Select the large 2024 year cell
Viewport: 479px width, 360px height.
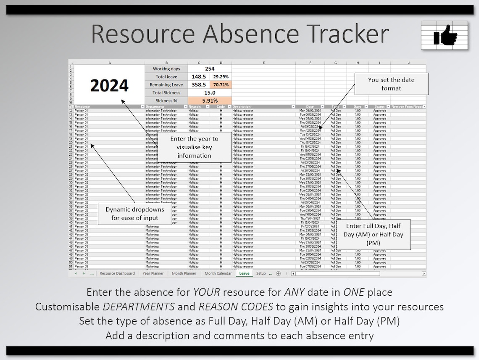(x=109, y=85)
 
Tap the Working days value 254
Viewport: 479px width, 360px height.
(x=210, y=69)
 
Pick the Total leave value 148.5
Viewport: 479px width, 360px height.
(x=199, y=77)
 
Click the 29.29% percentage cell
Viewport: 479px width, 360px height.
(x=221, y=77)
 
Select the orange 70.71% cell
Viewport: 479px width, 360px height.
(x=221, y=85)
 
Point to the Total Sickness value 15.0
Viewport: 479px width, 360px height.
(x=210, y=93)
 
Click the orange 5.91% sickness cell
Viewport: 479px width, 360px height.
(x=210, y=101)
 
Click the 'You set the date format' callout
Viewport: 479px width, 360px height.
(x=391, y=84)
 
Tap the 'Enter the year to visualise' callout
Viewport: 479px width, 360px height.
(x=194, y=147)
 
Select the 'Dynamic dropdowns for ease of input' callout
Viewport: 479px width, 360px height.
(x=135, y=214)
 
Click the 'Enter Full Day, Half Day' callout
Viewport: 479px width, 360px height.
(x=374, y=234)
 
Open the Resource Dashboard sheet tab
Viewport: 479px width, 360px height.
(x=117, y=273)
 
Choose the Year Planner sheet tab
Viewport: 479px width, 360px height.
(x=153, y=273)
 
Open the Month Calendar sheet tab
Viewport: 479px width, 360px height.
(x=218, y=273)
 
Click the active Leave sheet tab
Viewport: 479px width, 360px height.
(x=244, y=273)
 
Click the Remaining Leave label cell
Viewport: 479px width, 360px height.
(x=166, y=85)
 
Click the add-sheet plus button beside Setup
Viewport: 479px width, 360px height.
(x=278, y=273)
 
